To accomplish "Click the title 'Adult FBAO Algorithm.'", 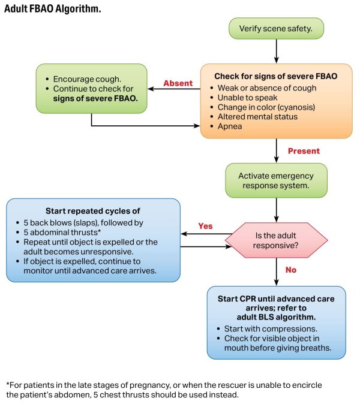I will (53, 10).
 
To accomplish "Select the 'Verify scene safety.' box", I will (276, 28).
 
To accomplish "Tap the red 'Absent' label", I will (178, 83).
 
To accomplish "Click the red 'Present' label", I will (304, 151).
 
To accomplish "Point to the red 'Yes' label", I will (206, 226).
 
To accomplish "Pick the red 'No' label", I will (290, 270).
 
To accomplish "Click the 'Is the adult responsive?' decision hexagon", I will (276, 239).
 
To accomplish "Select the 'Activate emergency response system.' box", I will (276, 181).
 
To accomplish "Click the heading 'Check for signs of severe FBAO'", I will (275, 76).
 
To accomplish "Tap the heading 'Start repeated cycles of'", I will (92, 211).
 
